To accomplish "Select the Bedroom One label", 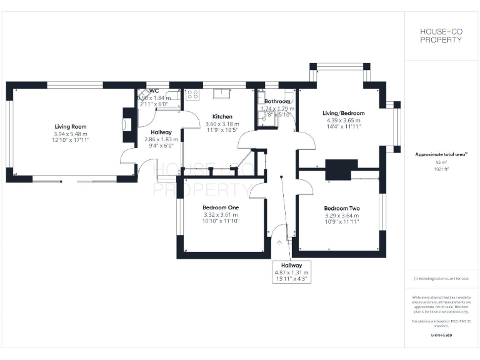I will (221, 207).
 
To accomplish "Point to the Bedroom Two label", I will (341, 208).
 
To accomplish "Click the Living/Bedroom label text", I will (343, 113).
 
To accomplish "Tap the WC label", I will (154, 91).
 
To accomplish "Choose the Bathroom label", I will (277, 101).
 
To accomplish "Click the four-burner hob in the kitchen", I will (192, 95).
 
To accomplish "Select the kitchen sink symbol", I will (222, 94).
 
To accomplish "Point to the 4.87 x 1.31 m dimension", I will (291, 272).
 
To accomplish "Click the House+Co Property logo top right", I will (440, 36).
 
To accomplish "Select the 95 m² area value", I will (441, 162).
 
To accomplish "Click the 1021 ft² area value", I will (441, 169).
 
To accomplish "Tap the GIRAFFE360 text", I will (441, 336).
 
